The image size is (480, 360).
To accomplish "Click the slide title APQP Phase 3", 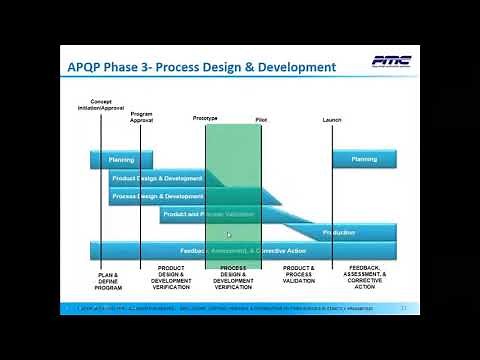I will (x=207, y=67).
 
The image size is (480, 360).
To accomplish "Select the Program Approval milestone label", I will (x=142, y=117).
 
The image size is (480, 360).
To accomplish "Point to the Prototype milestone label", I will (x=205, y=119).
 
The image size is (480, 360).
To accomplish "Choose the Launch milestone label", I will (x=332, y=119).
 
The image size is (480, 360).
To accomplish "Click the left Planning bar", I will (x=121, y=159).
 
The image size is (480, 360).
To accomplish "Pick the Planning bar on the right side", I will (x=364, y=159).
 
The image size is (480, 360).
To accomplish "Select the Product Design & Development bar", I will (x=158, y=178).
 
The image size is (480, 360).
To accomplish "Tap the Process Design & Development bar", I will (x=158, y=196).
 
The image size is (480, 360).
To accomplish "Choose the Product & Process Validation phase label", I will (x=298, y=275).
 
